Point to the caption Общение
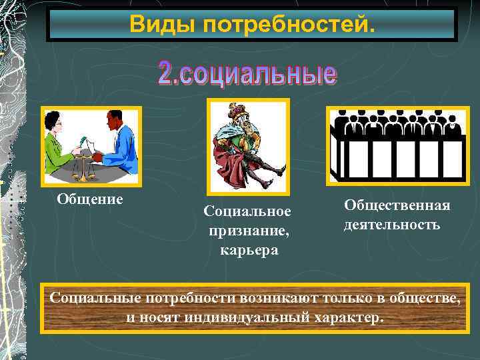(x=90, y=199)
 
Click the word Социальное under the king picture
(x=248, y=211)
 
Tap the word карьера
(x=248, y=250)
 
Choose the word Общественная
(x=397, y=205)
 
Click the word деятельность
(x=392, y=225)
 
